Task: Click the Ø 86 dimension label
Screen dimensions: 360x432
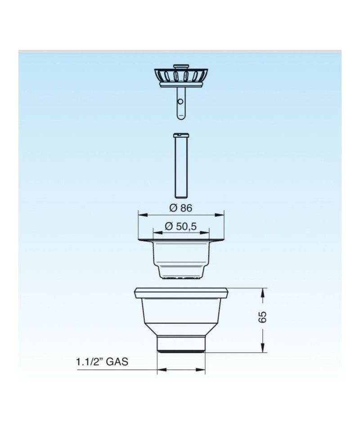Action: coord(181,208)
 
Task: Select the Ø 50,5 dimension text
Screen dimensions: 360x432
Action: coord(181,226)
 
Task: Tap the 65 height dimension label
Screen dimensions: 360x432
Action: coord(262,317)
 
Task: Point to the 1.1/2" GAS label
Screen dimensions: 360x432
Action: coord(102,361)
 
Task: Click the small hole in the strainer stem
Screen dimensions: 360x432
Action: coord(180,102)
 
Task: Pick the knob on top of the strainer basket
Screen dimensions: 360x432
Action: coord(181,67)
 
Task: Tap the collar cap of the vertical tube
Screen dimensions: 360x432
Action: coord(181,135)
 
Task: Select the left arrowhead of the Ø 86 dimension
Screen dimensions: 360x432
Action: coord(142,215)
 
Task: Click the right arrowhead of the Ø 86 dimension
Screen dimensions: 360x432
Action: coord(220,215)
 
